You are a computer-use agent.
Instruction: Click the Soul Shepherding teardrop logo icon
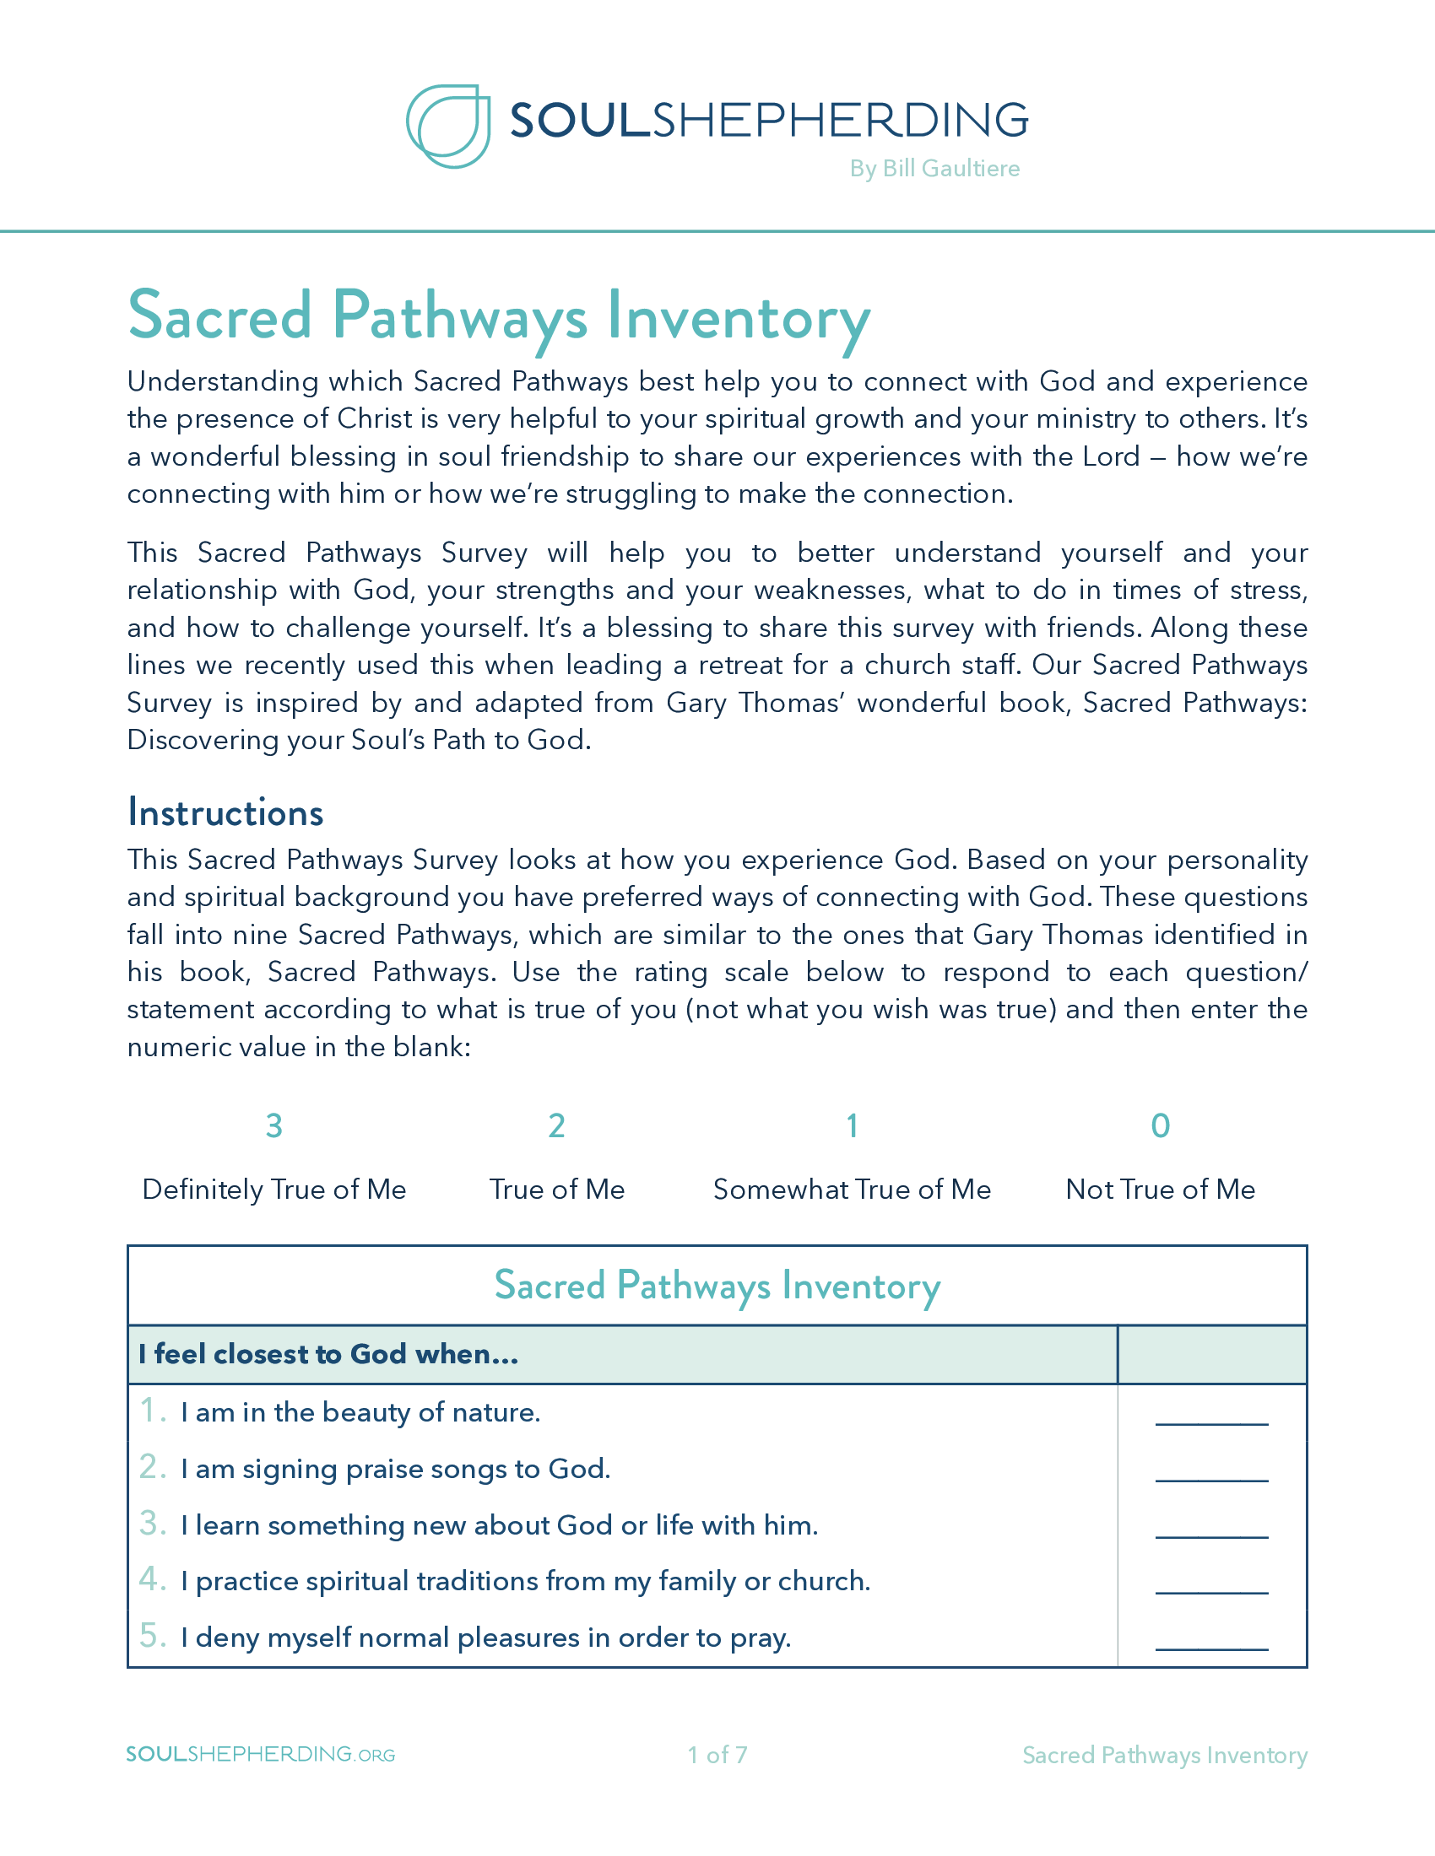coord(448,126)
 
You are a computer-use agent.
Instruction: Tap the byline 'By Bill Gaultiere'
coord(934,168)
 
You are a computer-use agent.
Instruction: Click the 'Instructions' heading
coord(225,812)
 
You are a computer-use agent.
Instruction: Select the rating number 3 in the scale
coord(273,1125)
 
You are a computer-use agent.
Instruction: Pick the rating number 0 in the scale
coord(1161,1125)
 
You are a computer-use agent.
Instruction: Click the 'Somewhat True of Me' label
coord(852,1189)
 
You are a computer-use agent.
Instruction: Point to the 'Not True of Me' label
coord(1161,1189)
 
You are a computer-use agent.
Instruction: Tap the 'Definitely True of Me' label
coord(273,1189)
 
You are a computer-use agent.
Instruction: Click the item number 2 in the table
coord(152,1467)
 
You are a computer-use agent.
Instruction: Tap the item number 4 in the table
coord(152,1579)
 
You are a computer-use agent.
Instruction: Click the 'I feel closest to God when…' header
coord(328,1354)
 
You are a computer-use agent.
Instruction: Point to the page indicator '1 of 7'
coord(717,1755)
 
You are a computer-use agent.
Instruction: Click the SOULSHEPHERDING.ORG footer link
coord(260,1754)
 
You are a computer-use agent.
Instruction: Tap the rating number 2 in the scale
coord(557,1125)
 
